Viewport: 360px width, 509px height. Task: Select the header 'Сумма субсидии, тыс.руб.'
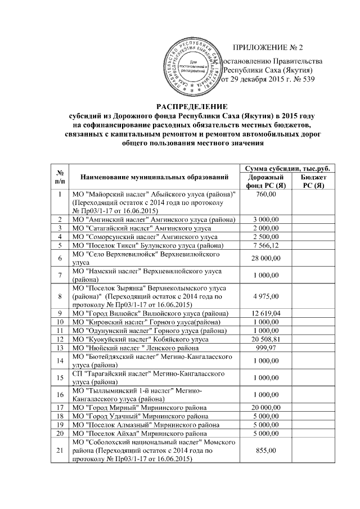click(x=285, y=169)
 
